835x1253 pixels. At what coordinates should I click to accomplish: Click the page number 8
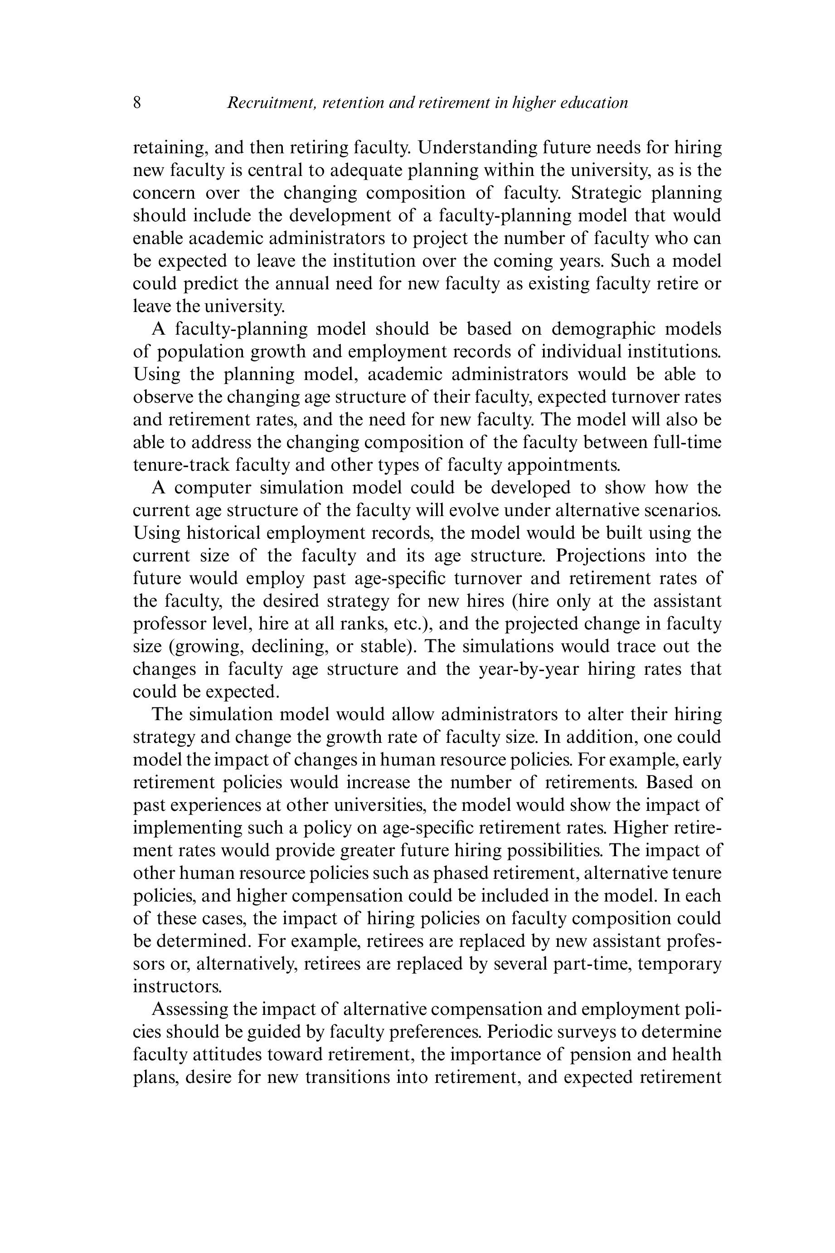(x=137, y=102)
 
